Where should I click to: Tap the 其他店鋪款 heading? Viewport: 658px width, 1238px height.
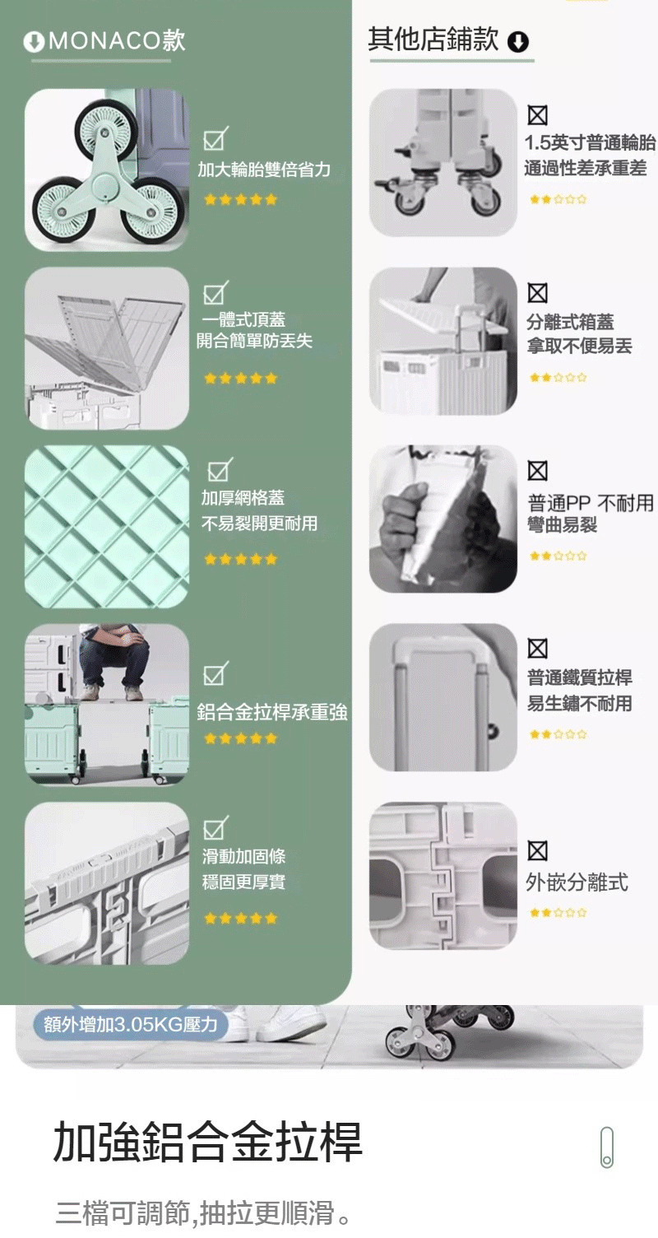tap(433, 40)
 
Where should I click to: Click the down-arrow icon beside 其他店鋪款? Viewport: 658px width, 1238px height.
tap(518, 41)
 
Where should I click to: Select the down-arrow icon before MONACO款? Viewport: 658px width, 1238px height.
tap(35, 41)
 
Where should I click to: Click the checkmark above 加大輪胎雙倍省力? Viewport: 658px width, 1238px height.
tap(215, 139)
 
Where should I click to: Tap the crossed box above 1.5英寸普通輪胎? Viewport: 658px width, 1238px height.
tap(538, 115)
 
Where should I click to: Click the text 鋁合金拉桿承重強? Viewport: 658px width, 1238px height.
tap(272, 712)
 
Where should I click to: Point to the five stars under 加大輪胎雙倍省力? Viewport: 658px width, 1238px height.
tap(240, 199)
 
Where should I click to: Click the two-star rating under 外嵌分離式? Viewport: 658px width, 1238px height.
tap(558, 913)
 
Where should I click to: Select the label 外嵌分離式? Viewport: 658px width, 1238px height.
tap(577, 882)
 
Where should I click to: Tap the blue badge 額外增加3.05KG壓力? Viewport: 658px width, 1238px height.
tap(131, 1024)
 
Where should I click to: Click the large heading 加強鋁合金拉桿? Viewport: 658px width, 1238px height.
tap(208, 1141)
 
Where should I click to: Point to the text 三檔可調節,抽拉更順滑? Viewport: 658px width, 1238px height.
tap(203, 1212)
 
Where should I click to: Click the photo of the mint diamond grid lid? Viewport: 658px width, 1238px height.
tap(107, 527)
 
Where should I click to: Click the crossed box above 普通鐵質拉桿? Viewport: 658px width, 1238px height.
tap(538, 649)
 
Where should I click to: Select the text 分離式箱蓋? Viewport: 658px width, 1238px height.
tap(570, 321)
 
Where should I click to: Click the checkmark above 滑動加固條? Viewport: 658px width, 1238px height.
tap(215, 827)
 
